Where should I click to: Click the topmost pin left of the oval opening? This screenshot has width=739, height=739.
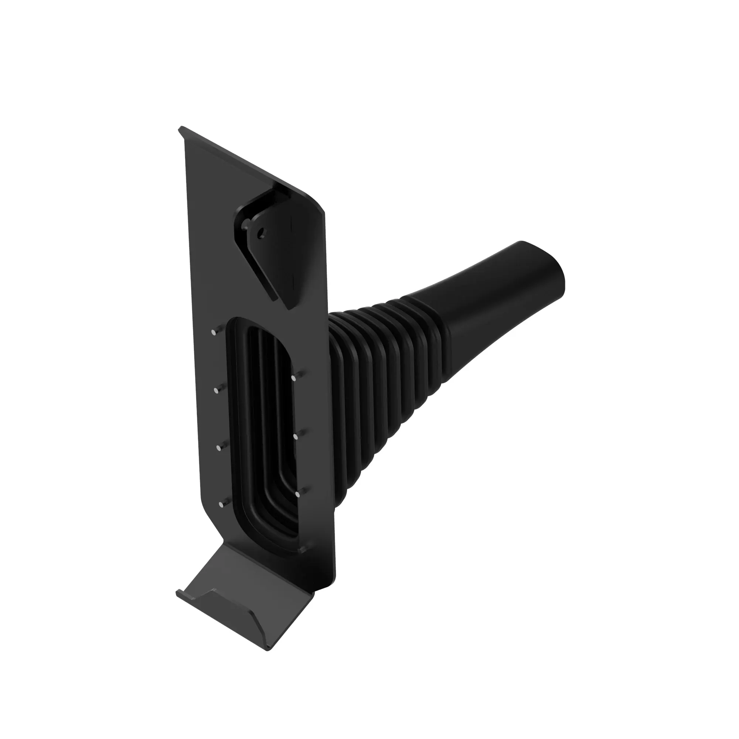(214, 333)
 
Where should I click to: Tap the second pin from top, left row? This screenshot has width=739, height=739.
(216, 390)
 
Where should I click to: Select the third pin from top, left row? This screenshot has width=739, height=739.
(219, 448)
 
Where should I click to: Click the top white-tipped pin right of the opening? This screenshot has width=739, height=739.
(293, 378)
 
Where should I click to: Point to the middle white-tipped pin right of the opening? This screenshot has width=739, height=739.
(295, 436)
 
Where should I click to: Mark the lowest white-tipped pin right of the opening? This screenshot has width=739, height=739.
(297, 494)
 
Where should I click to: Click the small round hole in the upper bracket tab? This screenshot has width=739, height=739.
(261, 232)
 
